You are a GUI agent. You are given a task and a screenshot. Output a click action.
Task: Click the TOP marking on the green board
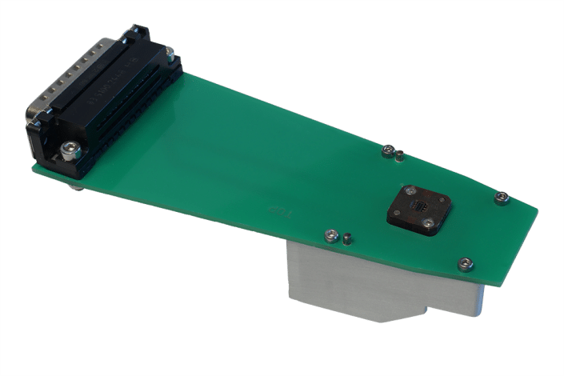pyautogui.click(x=279, y=210)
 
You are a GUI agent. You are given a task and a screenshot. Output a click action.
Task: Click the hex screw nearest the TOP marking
pyautogui.click(x=330, y=235)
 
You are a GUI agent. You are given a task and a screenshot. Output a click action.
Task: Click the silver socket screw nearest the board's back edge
pyautogui.click(x=410, y=190)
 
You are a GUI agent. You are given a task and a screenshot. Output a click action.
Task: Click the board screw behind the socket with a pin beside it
pyautogui.click(x=387, y=150)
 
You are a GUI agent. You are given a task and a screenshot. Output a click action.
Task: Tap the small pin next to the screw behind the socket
pyautogui.click(x=398, y=156)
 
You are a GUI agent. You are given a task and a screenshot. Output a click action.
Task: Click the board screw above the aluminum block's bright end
pyautogui.click(x=464, y=262)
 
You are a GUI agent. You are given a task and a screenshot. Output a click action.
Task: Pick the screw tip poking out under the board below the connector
pyautogui.click(x=76, y=187)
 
